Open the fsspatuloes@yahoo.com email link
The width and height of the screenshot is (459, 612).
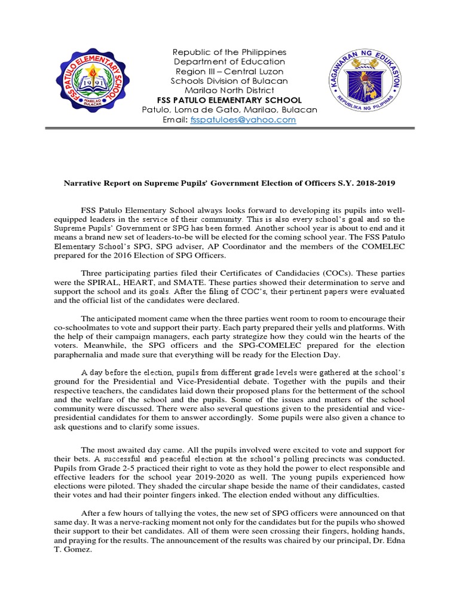tap(243, 120)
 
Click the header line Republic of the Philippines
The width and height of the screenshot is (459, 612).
tap(229, 52)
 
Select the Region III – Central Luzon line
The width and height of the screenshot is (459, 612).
tap(229, 71)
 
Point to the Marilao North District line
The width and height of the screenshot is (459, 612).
tap(229, 90)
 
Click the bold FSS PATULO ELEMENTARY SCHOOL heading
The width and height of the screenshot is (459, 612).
tap(229, 100)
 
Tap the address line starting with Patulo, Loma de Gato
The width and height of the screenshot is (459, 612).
tap(229, 110)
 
